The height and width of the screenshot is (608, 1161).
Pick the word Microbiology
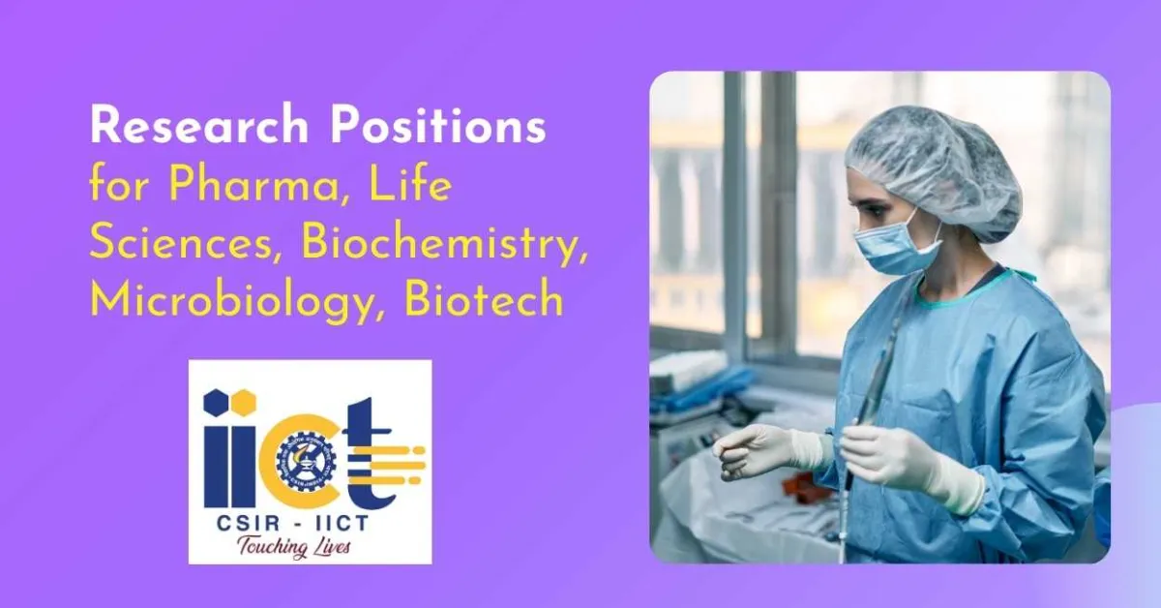tap(236, 299)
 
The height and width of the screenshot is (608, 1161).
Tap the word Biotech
tap(484, 299)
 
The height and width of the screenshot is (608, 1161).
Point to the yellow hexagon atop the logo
tap(246, 398)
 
